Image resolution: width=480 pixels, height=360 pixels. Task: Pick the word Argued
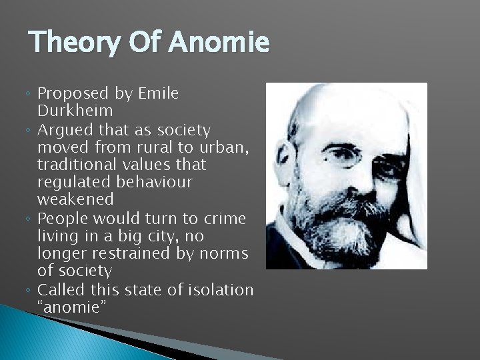(x=61, y=129)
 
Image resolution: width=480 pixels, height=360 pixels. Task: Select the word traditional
(x=75, y=165)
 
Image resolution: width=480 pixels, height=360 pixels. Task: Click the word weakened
(x=75, y=199)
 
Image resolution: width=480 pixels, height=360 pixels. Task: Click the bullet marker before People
(x=31, y=219)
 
